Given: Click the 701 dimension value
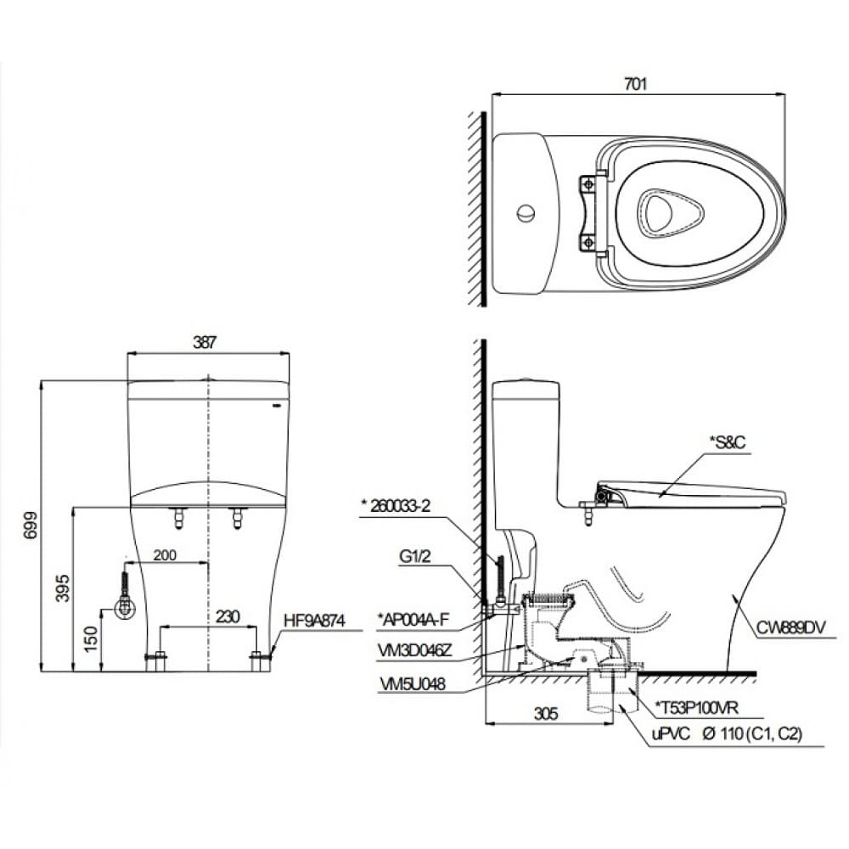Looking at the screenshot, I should [635, 83].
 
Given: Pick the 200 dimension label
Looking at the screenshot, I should [166, 554].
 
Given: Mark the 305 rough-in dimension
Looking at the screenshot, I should [548, 715].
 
